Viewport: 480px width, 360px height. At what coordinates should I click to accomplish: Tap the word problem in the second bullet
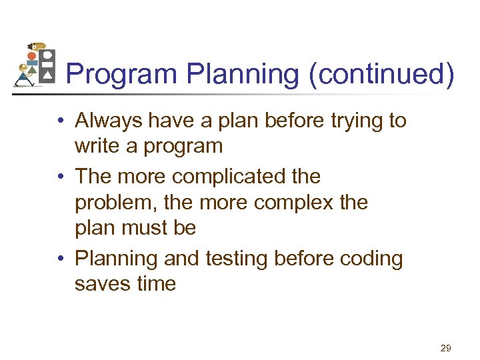click(x=114, y=203)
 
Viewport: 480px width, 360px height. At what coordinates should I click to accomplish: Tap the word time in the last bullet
click(x=154, y=284)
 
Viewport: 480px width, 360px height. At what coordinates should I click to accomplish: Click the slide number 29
click(x=446, y=348)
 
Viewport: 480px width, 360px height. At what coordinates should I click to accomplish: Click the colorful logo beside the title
click(x=34, y=66)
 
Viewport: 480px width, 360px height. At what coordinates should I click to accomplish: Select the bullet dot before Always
click(x=61, y=122)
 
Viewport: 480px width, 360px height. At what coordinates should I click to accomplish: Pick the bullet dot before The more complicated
click(x=61, y=178)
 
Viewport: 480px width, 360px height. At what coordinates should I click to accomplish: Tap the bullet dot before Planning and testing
click(x=61, y=259)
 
